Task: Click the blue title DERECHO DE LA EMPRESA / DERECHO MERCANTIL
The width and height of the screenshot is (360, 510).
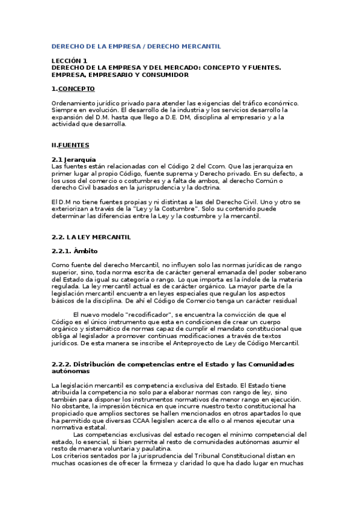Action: coord(136,46)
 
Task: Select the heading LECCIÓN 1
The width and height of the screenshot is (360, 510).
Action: coord(69,61)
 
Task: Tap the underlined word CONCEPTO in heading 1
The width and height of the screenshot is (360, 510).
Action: coord(76,89)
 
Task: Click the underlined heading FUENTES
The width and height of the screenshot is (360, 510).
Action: coord(73,145)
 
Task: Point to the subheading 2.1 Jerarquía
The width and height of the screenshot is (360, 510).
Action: coord(75,159)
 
